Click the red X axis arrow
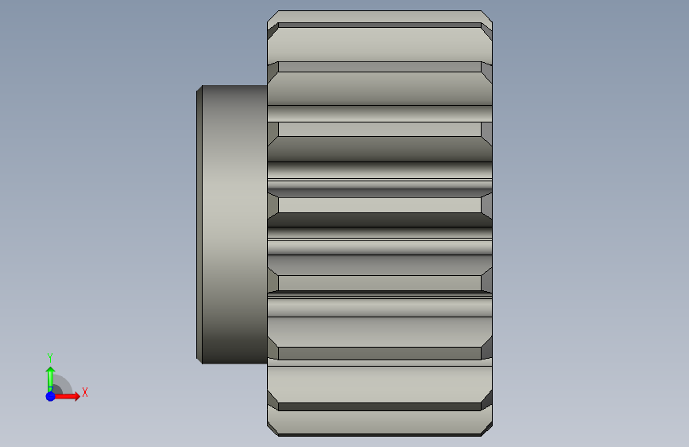tap(66, 396)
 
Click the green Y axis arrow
tap(50, 379)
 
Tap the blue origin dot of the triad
tap(51, 396)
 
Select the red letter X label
tap(85, 392)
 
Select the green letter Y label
tap(50, 357)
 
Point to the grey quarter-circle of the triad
tap(64, 383)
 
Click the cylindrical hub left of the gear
tap(234, 224)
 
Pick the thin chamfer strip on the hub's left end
tap(199, 224)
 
